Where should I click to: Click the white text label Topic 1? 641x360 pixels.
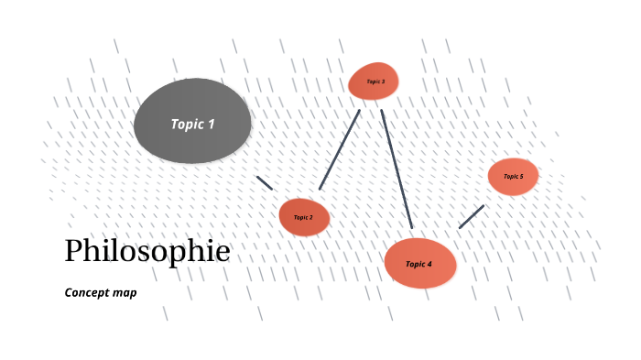tap(192, 124)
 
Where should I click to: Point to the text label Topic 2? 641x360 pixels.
tap(303, 217)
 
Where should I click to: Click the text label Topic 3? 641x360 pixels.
tap(375, 82)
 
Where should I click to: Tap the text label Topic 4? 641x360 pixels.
tap(418, 264)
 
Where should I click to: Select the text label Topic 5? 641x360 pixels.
tap(513, 176)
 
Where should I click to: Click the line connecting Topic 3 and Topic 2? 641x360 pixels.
tap(340, 149)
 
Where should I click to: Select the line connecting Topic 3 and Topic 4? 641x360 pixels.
tap(397, 169)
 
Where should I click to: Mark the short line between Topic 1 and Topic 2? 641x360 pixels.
tap(265, 182)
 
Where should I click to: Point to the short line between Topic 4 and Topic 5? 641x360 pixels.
tap(472, 216)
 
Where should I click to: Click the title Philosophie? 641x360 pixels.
tap(147, 251)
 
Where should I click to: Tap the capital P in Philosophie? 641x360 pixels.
tap(74, 251)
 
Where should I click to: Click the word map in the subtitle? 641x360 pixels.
tap(125, 294)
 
